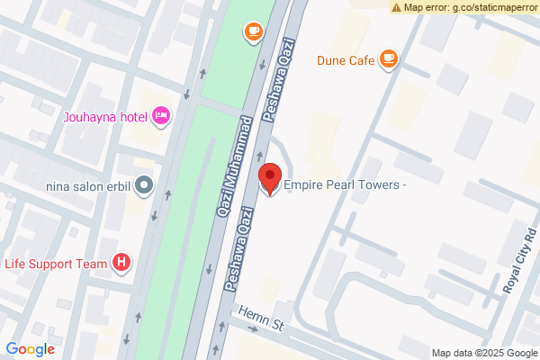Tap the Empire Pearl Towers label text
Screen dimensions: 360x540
pos(346,185)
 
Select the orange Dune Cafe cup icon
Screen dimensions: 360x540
pos(389,60)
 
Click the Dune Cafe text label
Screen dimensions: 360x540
pos(345,61)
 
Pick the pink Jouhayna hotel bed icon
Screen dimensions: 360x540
pos(161,114)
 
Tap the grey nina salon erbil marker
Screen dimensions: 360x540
pos(145,186)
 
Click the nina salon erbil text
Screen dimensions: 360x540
pos(88,187)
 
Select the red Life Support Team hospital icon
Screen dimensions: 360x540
pos(122,263)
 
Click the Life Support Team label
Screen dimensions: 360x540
pos(56,264)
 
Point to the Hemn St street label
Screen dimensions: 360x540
pos(261,319)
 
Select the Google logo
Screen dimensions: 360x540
pos(31,349)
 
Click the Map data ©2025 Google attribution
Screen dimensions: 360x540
pos(482,353)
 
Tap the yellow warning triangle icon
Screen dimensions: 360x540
pos(396,7)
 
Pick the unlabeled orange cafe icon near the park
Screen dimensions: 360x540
pos(254,32)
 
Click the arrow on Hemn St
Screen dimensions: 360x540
pos(251,328)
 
